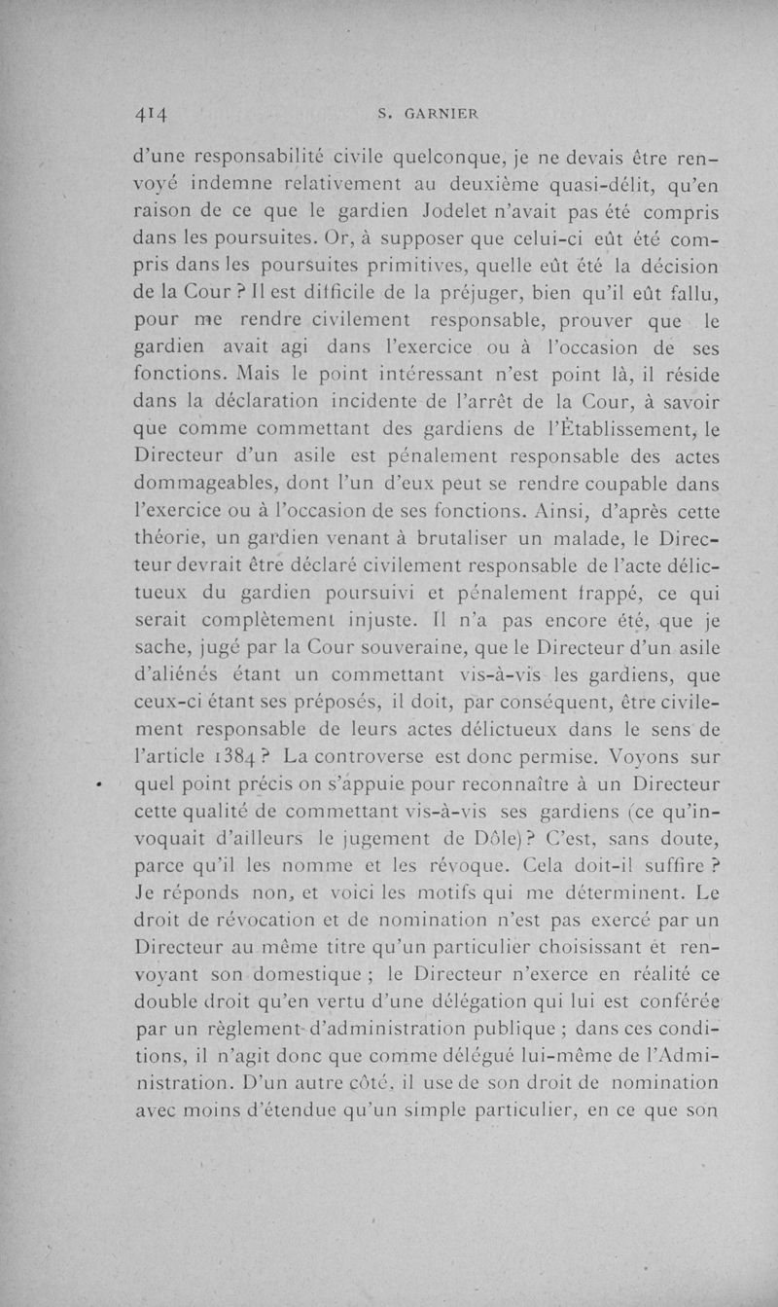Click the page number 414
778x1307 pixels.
153,113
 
